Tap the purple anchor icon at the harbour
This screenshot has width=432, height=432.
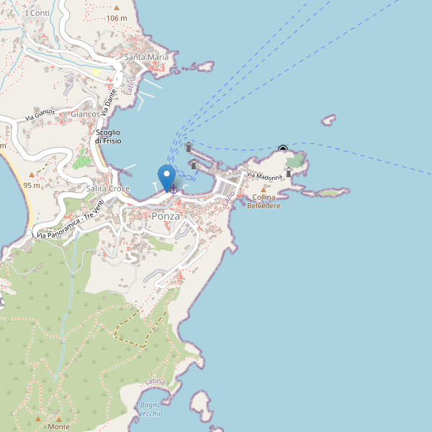(173, 189)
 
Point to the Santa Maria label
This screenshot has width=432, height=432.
(146, 57)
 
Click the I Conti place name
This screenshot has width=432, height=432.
(37, 13)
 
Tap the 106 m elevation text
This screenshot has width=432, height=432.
(116, 18)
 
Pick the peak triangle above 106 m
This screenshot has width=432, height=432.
(116, 8)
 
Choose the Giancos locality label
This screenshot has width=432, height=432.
(85, 114)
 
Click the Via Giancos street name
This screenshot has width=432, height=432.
(40, 116)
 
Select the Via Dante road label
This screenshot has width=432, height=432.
(108, 102)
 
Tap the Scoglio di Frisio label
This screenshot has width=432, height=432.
(107, 136)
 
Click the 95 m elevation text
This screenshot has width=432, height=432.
(32, 185)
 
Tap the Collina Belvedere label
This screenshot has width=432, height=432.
(264, 202)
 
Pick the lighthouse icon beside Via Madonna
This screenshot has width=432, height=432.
(289, 172)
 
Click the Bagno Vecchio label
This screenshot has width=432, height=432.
(151, 409)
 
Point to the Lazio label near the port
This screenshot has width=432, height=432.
(229, 196)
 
